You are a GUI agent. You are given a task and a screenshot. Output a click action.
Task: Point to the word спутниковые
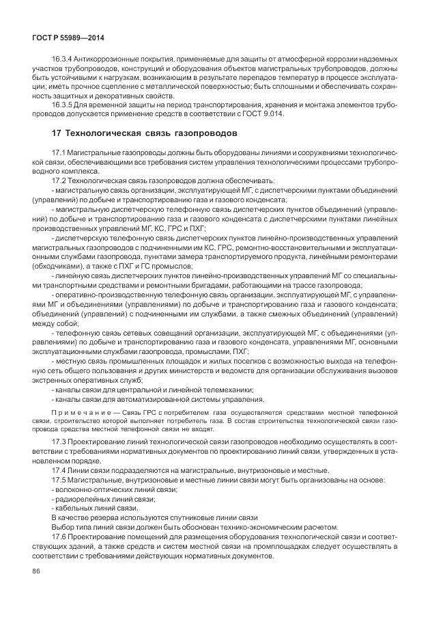click(x=183, y=517)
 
